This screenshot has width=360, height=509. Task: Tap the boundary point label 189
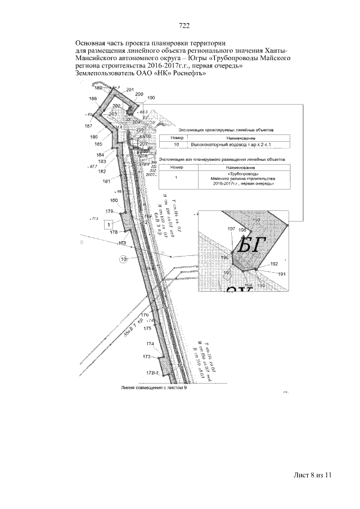click(x=98, y=88)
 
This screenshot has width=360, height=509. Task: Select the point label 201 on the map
click(x=130, y=91)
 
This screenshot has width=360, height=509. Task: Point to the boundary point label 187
click(x=89, y=126)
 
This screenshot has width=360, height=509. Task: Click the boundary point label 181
click(x=106, y=181)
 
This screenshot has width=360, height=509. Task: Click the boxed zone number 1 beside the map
click(x=104, y=225)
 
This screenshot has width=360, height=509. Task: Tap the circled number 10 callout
click(x=124, y=259)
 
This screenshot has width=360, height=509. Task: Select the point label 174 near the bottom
click(x=150, y=344)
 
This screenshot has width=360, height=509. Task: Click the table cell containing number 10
click(x=176, y=145)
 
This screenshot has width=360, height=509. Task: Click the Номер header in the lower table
click(x=176, y=167)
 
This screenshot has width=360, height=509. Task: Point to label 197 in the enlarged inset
click(x=231, y=229)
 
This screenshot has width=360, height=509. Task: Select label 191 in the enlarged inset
click(x=282, y=274)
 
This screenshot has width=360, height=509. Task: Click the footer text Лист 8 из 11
click(x=313, y=475)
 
